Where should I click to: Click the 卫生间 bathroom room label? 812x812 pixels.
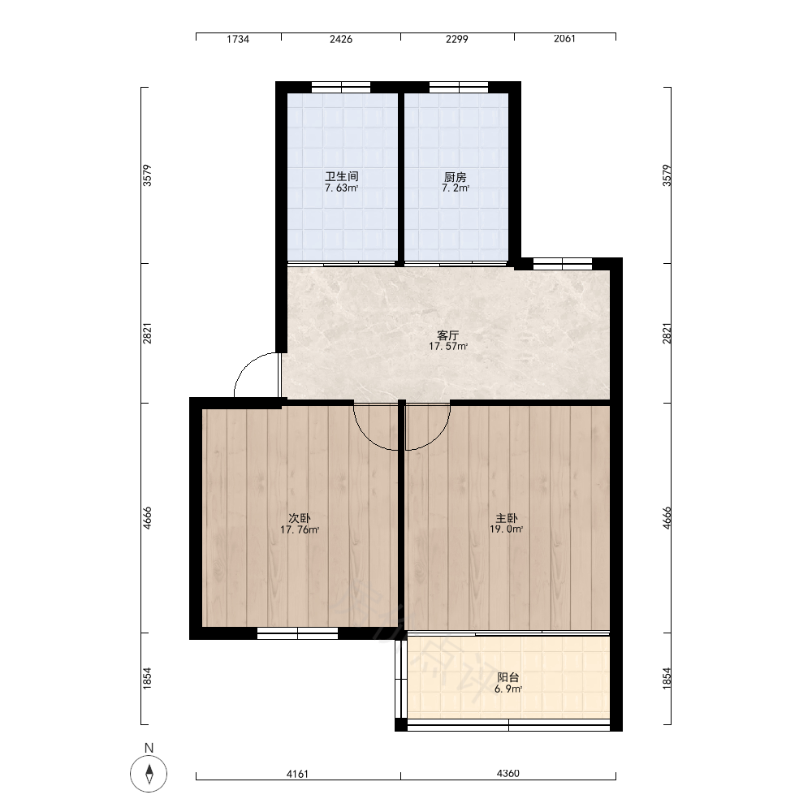point(342,176)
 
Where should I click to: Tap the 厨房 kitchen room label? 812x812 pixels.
point(456,177)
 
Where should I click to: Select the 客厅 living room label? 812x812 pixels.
point(448,335)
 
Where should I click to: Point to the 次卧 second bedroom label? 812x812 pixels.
point(300,518)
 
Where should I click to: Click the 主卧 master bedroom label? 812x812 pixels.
point(507,518)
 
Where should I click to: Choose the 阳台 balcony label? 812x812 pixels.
point(508,677)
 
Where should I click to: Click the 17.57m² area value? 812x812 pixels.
point(448,347)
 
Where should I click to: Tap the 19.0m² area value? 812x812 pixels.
point(507,529)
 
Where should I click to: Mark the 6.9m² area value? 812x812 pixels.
point(508,689)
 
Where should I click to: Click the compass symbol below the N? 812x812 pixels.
point(149,774)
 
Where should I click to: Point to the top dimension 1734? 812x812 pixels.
point(238,39)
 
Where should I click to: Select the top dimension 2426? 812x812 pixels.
point(341,39)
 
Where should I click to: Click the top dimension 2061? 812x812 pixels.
point(564,39)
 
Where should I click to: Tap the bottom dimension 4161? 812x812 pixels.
point(297,774)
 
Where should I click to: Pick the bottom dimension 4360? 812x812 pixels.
point(508,774)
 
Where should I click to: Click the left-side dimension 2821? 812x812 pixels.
point(148,334)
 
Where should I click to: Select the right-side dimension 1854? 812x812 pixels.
point(667,678)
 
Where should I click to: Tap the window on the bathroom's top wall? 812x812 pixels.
point(341,87)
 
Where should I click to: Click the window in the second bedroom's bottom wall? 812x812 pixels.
point(298,633)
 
